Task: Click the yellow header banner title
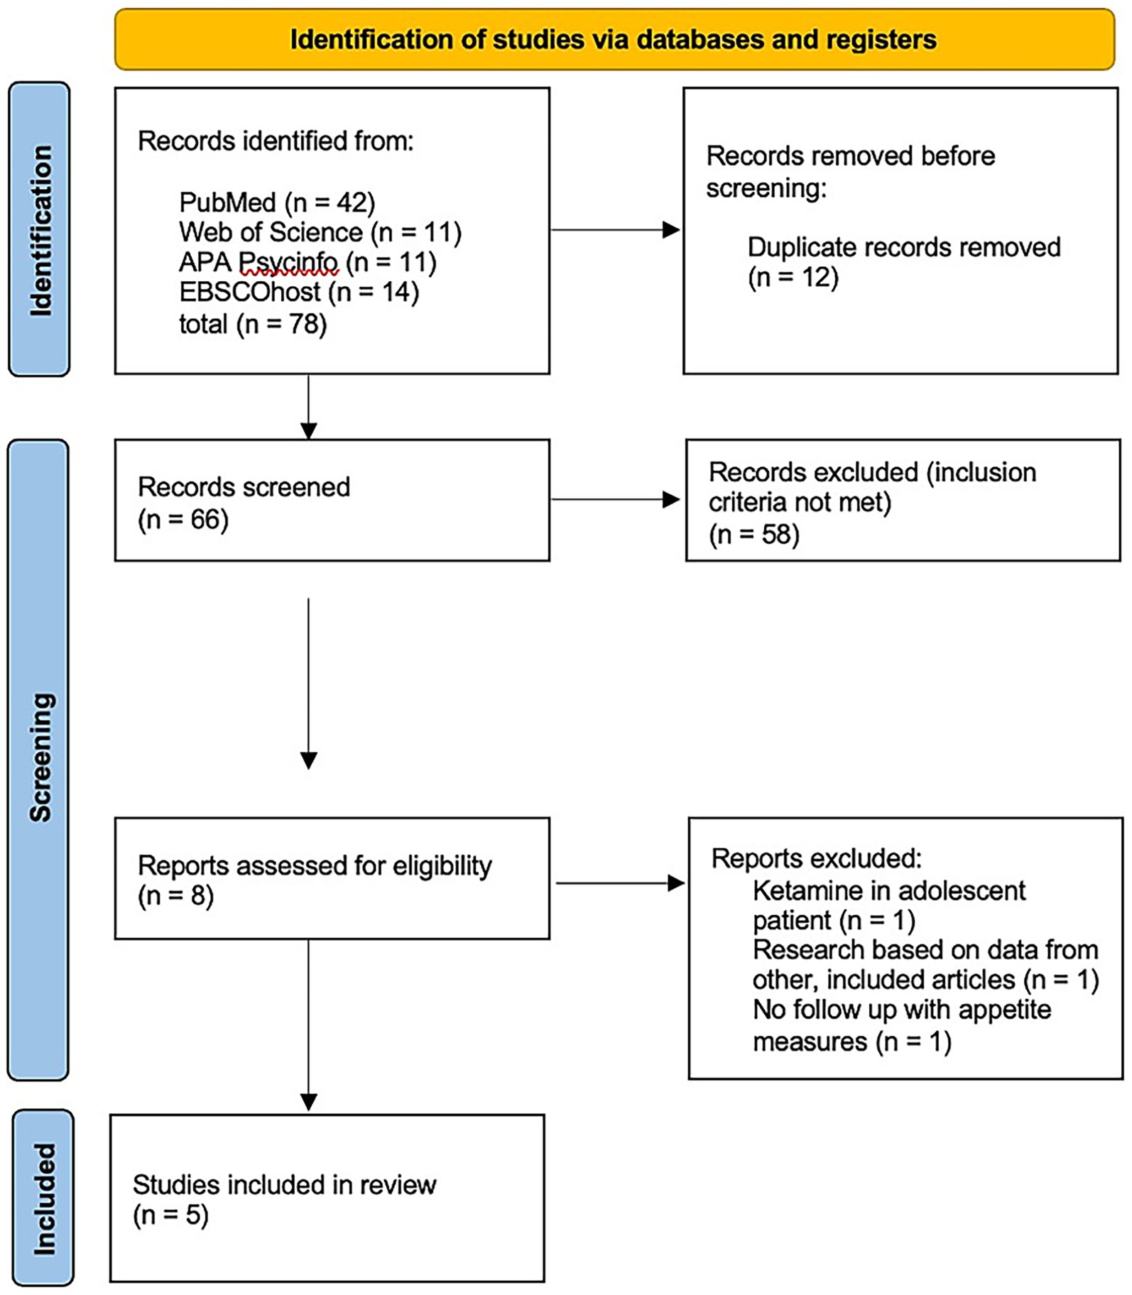click(x=614, y=40)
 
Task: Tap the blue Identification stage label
click(x=39, y=229)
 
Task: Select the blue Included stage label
click(x=43, y=1198)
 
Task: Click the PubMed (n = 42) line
click(x=277, y=202)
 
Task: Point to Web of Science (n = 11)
click(x=320, y=232)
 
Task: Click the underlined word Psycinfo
click(x=288, y=263)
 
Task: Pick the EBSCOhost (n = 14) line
click(x=299, y=292)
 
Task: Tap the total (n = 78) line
click(x=253, y=324)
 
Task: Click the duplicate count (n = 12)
click(x=793, y=277)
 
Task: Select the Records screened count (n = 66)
click(x=183, y=520)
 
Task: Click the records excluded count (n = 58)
click(x=754, y=534)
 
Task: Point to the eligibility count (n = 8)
click(x=175, y=896)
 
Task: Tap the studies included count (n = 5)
click(x=170, y=1215)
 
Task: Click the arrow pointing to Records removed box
click(x=616, y=230)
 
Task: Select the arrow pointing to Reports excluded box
click(x=620, y=883)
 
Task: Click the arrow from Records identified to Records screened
click(x=309, y=408)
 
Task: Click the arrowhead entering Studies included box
click(x=309, y=1101)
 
